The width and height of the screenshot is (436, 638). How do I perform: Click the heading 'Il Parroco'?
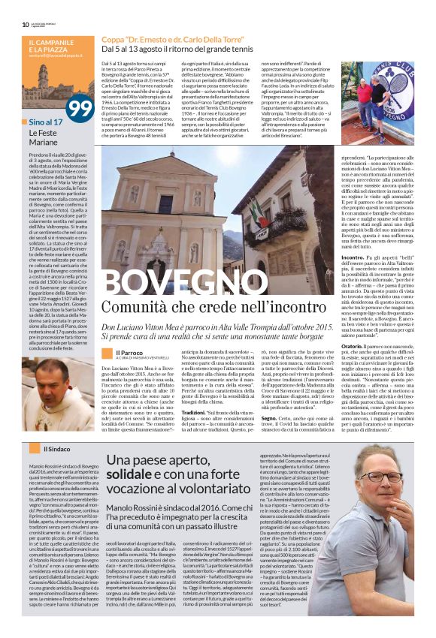coord(129,352)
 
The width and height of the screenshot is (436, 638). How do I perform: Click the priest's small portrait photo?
coord(106,354)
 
